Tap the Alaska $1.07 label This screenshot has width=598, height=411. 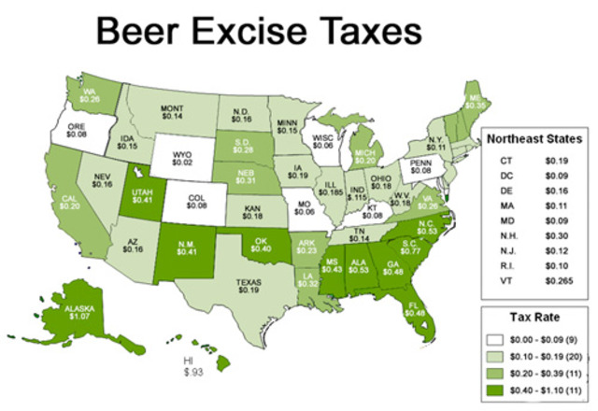[58, 312]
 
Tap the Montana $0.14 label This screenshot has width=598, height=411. [172, 112]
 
